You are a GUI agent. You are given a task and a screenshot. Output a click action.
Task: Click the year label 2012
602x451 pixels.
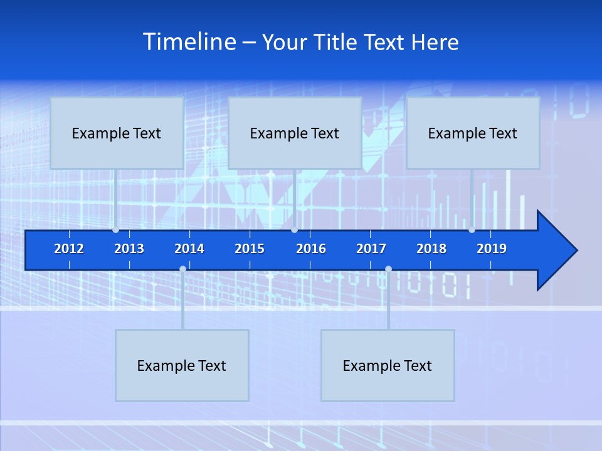pyautogui.click(x=69, y=249)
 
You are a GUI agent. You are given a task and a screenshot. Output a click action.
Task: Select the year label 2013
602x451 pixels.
pyautogui.click(x=129, y=249)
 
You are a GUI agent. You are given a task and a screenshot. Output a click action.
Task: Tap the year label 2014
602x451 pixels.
pyautogui.click(x=189, y=249)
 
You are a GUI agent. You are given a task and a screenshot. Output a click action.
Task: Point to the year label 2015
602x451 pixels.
pyautogui.click(x=250, y=249)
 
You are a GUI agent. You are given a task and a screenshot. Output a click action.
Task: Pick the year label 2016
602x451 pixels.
pyautogui.click(x=311, y=249)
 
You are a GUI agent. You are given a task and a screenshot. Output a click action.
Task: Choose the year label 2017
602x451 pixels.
pyautogui.click(x=371, y=249)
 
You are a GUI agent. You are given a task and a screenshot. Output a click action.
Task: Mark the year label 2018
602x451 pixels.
pyautogui.click(x=431, y=249)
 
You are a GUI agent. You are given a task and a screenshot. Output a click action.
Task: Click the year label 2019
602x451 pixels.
pyautogui.click(x=492, y=249)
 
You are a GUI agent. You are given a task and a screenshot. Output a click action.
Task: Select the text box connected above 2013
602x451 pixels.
pyautogui.click(x=117, y=133)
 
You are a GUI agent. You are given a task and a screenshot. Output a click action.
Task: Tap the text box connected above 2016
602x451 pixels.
pyautogui.click(x=295, y=133)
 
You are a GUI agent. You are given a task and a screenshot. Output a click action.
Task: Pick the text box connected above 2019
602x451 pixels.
pyautogui.click(x=473, y=133)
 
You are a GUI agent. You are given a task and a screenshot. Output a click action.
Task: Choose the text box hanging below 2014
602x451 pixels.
pyautogui.click(x=182, y=365)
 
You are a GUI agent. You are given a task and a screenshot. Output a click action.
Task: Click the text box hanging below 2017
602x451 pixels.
pyautogui.click(x=388, y=365)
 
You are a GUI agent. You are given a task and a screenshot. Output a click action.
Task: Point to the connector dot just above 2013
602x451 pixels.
pyautogui.click(x=116, y=230)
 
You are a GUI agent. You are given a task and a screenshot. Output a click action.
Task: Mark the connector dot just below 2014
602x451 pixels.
pyautogui.click(x=182, y=269)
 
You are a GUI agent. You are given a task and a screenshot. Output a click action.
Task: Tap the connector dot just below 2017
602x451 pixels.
pyautogui.click(x=388, y=269)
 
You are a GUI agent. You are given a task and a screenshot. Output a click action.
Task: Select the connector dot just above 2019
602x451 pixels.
pyautogui.click(x=472, y=230)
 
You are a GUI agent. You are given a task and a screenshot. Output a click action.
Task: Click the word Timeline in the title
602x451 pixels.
pyautogui.click(x=189, y=42)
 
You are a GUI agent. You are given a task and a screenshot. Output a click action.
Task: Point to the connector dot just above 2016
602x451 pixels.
pyautogui.click(x=294, y=230)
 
